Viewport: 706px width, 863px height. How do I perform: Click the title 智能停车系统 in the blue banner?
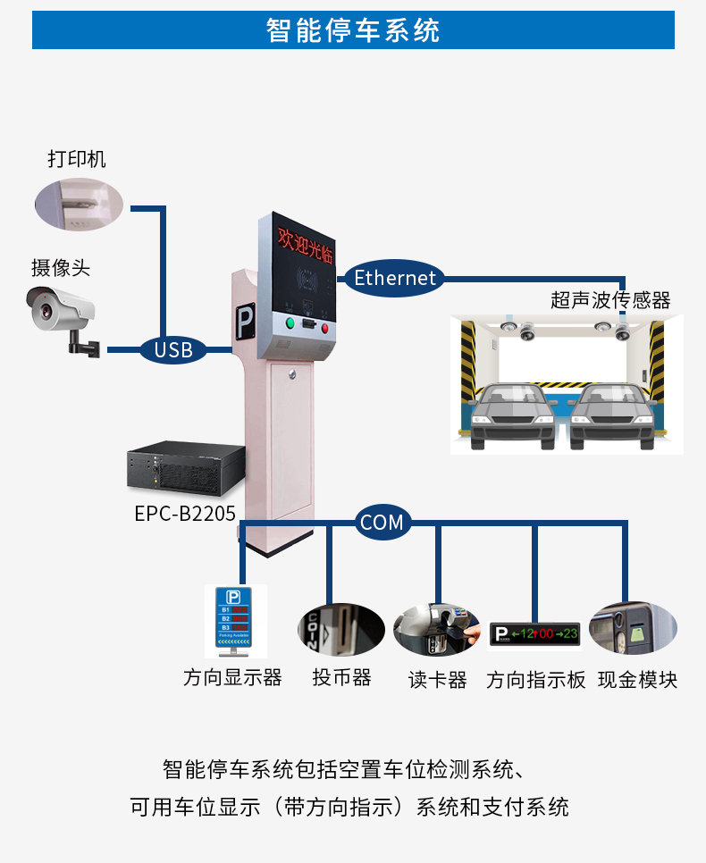point(353,30)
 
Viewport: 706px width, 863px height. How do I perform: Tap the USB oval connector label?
point(173,349)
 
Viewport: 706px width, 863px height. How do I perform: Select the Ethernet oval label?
point(395,278)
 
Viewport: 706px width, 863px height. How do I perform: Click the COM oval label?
point(382,522)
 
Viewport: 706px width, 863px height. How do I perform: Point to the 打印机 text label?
point(76,159)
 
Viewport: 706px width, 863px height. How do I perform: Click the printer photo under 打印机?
point(78,202)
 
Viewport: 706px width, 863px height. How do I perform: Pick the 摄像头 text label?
point(61,267)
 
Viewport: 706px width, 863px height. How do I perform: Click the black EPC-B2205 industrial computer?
point(186,473)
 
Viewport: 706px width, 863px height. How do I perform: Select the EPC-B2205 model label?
point(185,514)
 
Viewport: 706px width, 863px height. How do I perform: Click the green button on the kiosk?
point(290,323)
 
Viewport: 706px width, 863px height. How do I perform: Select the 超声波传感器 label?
point(610,300)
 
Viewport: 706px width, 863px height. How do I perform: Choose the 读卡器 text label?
point(438,680)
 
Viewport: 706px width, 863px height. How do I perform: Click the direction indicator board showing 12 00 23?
point(534,634)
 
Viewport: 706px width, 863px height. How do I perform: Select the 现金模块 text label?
point(637,680)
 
